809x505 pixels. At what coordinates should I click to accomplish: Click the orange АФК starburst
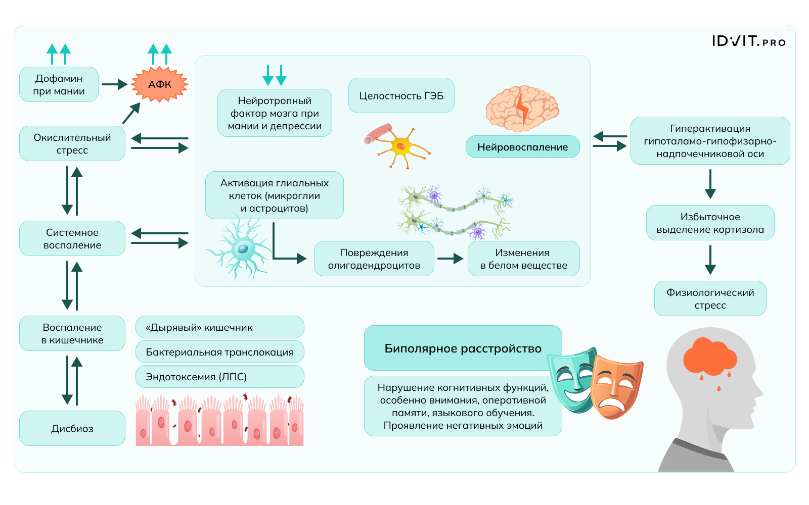160,84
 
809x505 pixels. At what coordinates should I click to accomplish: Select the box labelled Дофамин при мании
59,84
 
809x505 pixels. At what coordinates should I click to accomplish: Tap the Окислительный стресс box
72,143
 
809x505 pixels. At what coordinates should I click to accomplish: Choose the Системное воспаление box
72,238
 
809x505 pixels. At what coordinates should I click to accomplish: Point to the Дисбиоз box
72,428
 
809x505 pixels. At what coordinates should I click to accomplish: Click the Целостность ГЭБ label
401,95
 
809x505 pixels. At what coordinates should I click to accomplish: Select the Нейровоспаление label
522,147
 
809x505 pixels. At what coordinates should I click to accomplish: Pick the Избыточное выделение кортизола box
710,223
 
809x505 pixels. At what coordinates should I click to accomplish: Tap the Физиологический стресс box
710,298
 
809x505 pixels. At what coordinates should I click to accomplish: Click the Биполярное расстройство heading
463,348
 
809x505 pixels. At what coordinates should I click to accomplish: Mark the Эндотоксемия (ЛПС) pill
219,377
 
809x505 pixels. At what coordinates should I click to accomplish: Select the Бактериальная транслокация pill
219,352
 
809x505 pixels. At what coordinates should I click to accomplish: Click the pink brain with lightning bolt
522,107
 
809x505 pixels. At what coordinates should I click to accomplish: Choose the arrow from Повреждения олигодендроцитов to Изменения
450,259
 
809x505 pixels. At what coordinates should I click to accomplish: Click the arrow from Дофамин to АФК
114,84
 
